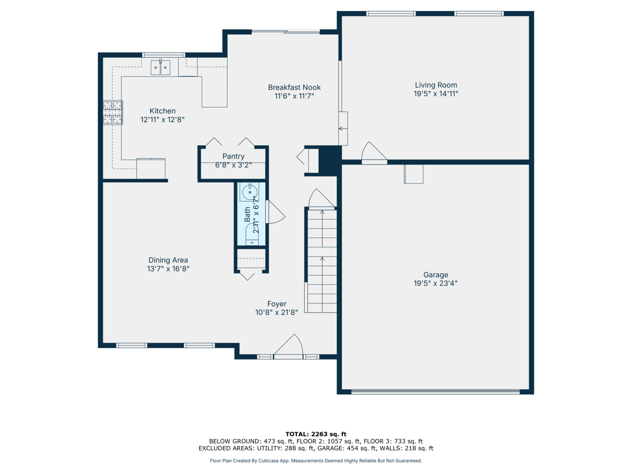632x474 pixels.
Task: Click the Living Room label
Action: point(436,85)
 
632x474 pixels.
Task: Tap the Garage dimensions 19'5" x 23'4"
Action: point(435,284)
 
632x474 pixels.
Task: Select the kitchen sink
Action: point(160,68)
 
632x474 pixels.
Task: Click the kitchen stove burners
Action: point(113,113)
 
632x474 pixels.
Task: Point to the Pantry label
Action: point(233,156)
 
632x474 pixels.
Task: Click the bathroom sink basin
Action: point(250,192)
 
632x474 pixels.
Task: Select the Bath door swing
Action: point(275,212)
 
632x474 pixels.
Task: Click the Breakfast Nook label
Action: point(294,87)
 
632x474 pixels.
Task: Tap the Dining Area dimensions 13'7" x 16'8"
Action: point(168,269)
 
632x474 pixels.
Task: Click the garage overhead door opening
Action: point(435,391)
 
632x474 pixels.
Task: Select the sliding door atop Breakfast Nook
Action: point(286,32)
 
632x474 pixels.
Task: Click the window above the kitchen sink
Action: point(163,55)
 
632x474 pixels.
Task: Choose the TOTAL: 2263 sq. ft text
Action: point(316,434)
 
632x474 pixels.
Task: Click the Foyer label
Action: point(276,304)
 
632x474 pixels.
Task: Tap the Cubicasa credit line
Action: point(316,461)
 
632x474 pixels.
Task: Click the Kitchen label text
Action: point(162,111)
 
